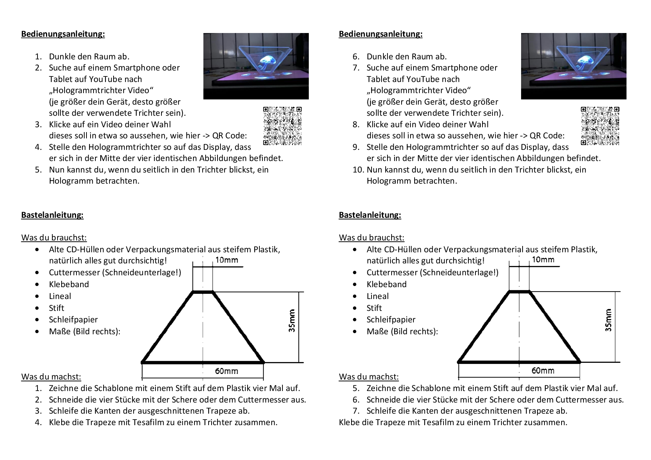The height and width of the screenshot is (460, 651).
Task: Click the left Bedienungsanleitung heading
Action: [63, 34]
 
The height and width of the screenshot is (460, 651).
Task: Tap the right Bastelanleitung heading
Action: [370, 215]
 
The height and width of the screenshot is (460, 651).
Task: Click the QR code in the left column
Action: [282, 126]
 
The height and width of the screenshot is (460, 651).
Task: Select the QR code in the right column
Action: [600, 126]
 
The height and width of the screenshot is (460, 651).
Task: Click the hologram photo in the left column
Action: [256, 66]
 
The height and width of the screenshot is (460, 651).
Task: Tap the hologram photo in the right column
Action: [573, 66]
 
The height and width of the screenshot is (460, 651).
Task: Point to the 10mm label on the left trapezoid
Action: [226, 260]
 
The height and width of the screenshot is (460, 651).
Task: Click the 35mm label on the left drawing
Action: [292, 321]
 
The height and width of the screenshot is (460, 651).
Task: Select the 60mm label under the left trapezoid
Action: [226, 371]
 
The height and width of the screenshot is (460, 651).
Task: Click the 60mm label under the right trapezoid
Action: [543, 371]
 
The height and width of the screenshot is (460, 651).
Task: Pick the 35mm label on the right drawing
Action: [608, 320]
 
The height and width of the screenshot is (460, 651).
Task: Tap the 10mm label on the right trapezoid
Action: [543, 260]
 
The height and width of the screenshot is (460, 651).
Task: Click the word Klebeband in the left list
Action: [69, 285]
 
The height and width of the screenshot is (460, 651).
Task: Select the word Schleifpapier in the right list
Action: [391, 320]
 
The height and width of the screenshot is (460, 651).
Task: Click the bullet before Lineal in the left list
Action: [37, 296]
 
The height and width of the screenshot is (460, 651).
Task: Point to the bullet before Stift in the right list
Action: [354, 308]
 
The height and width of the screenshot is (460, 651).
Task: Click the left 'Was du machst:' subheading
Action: [51, 377]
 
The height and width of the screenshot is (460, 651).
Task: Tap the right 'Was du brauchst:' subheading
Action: [371, 238]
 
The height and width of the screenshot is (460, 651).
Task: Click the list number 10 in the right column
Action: [357, 170]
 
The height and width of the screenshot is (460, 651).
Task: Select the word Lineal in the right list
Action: [377, 296]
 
